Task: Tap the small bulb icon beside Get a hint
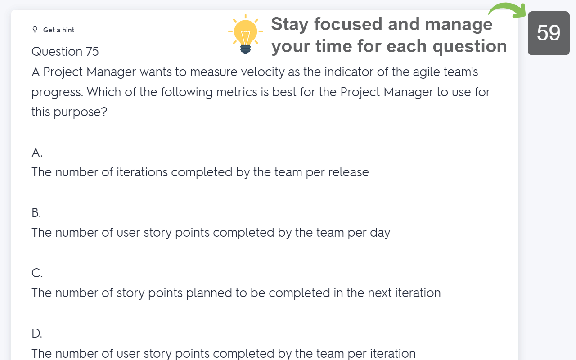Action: pos(35,30)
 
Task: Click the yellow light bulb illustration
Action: pos(246,34)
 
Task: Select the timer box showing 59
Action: pos(549,33)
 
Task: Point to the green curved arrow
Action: pos(508,8)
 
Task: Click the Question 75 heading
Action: pos(65,52)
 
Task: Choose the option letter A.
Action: pos(37,153)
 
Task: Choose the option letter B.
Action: pos(36,213)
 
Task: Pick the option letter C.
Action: pos(37,273)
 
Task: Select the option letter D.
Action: pos(37,333)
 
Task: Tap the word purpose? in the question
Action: pos(81,112)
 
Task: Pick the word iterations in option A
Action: pos(142,172)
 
